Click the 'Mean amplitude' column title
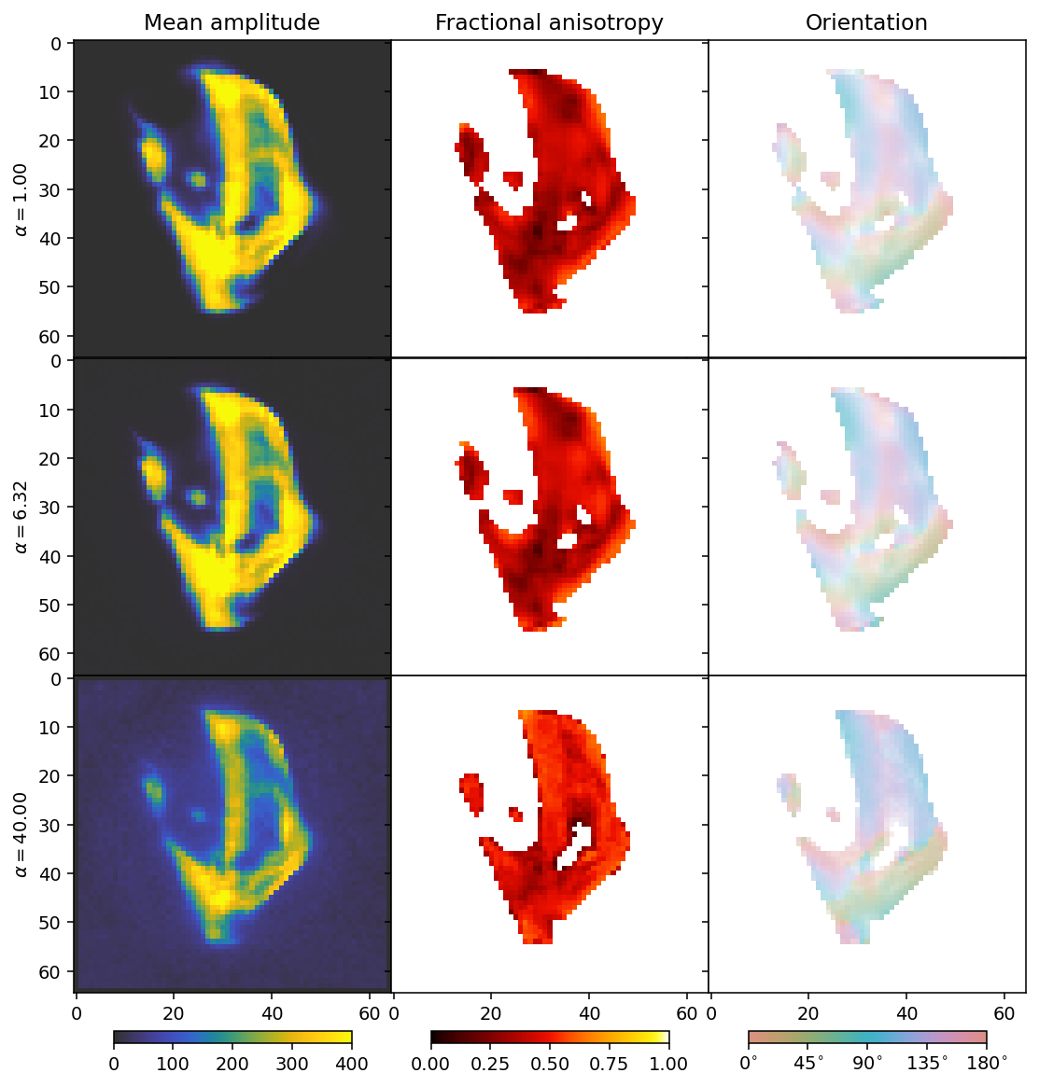pos(232,23)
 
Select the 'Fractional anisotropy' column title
pos(549,23)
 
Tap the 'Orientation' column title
pos(866,23)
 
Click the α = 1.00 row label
pos(21,199)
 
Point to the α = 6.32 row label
pos(21,516)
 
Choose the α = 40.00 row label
pos(21,833)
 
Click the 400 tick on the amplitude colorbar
pos(351,1063)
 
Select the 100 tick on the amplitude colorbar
pos(173,1063)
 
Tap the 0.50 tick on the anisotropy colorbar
pos(550,1063)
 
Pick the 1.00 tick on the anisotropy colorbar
pos(668,1063)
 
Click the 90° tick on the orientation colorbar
pos(867,1063)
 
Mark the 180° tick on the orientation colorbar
pos(986,1063)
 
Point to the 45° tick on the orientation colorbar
pos(808,1063)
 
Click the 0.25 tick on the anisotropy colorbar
pos(490,1063)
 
